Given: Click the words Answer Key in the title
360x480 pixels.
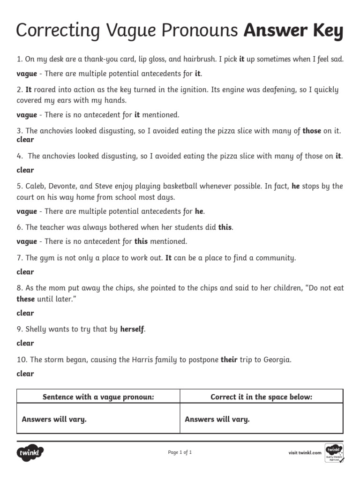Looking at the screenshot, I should (293, 31).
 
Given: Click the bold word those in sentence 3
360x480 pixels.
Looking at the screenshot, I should (312, 131).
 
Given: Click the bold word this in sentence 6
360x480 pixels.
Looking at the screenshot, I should (225, 227).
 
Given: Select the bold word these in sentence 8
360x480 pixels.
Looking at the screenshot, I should (26, 299).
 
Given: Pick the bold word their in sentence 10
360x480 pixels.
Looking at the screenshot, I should (229, 360).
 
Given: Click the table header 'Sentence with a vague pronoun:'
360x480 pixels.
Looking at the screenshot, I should (98, 397).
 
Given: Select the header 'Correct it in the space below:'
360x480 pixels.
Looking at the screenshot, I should (262, 397).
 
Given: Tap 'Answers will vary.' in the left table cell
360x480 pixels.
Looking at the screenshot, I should (54, 420).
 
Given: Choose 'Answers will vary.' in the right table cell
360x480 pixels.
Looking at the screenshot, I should (217, 420).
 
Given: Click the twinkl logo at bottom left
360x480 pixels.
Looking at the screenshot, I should (30, 453).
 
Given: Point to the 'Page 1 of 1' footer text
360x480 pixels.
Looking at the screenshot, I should (180, 452).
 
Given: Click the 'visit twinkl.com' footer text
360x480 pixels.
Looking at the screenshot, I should (305, 453).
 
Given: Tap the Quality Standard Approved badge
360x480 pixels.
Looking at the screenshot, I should (334, 452).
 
